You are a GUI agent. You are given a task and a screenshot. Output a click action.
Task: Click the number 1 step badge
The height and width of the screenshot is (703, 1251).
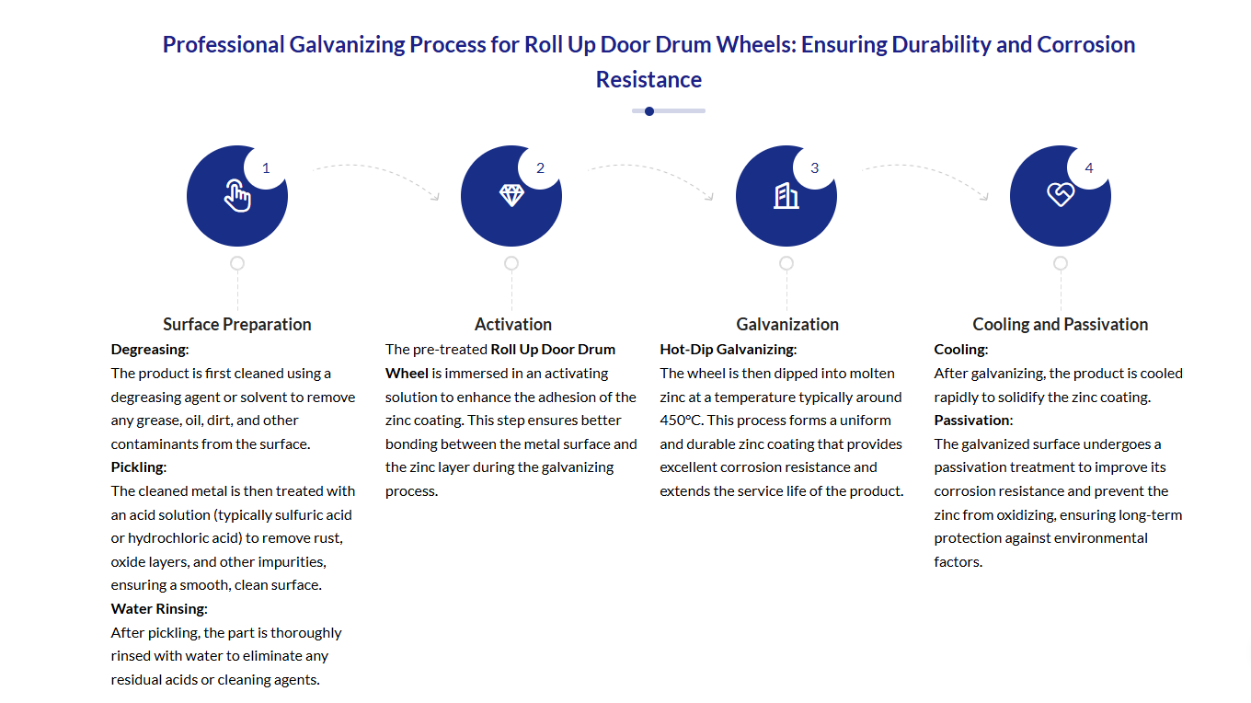[x=266, y=167]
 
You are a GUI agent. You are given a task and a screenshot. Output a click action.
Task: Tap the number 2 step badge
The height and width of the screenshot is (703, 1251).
[x=540, y=167]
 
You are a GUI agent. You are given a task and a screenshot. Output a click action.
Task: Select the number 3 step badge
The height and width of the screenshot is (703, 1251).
[x=814, y=167]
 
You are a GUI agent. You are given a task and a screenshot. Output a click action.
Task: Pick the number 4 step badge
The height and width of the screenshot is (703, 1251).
[x=1089, y=167]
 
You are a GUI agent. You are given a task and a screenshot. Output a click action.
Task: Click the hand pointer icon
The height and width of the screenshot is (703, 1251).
[x=237, y=196]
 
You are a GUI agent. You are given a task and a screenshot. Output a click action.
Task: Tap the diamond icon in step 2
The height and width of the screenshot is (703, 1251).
[x=511, y=195]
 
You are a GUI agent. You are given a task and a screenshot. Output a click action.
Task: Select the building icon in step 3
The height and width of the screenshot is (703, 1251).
[x=786, y=195]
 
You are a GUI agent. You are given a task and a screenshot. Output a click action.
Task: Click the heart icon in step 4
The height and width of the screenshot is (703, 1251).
[x=1061, y=195]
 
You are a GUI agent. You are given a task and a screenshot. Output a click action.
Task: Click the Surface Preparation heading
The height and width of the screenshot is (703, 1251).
[x=237, y=324]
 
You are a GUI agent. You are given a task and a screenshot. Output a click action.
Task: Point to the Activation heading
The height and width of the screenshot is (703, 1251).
[x=513, y=324]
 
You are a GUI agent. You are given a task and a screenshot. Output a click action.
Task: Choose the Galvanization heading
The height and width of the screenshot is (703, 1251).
[x=787, y=324]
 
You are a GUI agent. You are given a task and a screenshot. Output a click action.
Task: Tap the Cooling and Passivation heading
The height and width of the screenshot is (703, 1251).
[x=1061, y=324]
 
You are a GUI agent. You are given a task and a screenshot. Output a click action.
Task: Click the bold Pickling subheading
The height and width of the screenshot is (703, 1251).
[x=138, y=467]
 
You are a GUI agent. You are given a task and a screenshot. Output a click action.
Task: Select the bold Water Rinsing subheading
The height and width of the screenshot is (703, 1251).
[x=159, y=608]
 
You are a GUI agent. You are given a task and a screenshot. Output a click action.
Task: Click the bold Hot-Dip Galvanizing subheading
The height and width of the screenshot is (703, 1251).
[x=728, y=350]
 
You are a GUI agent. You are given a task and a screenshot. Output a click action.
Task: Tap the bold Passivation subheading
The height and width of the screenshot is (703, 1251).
[x=973, y=421]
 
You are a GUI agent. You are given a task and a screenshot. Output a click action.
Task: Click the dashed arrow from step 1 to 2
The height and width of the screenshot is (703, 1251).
[x=378, y=176]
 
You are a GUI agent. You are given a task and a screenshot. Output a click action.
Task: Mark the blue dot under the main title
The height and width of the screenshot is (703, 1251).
[x=649, y=111]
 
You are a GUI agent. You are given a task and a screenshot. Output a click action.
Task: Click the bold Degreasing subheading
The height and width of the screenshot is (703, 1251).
[x=149, y=350]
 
